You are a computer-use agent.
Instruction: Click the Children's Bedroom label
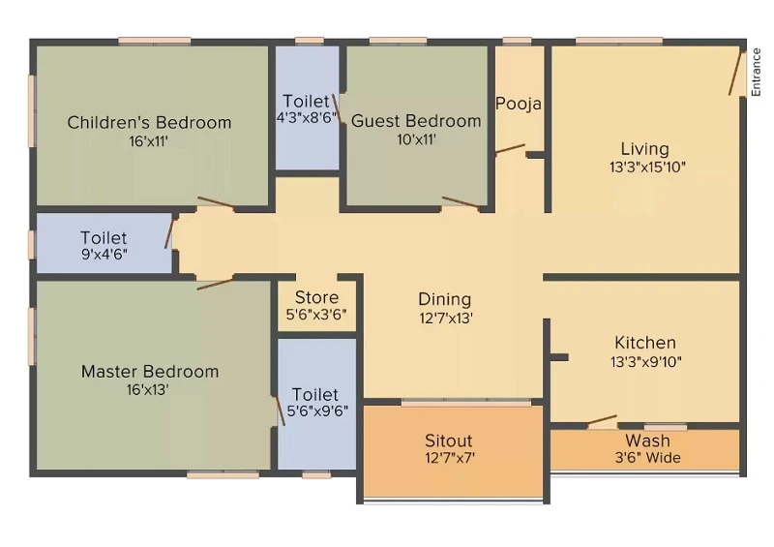[x=149, y=122]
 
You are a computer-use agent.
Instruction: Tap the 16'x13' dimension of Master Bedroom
[x=148, y=390]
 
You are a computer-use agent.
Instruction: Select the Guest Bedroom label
[x=416, y=121]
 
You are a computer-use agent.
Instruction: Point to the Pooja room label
[x=519, y=104]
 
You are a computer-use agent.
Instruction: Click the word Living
[x=644, y=149]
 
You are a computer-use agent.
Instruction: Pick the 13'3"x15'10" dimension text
[x=647, y=167]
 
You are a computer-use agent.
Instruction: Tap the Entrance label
[x=756, y=73]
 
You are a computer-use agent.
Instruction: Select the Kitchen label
[x=645, y=343]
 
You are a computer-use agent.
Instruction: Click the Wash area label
[x=647, y=441]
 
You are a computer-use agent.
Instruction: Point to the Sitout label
[x=449, y=441]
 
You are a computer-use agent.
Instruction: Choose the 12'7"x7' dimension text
[x=450, y=458]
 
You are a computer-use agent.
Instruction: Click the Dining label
[x=445, y=299]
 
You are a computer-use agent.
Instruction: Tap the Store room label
[x=316, y=297]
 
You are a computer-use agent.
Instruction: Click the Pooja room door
[x=510, y=149]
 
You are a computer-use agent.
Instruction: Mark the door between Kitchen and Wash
[x=602, y=420]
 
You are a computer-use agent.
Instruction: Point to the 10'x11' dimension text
[x=416, y=139]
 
